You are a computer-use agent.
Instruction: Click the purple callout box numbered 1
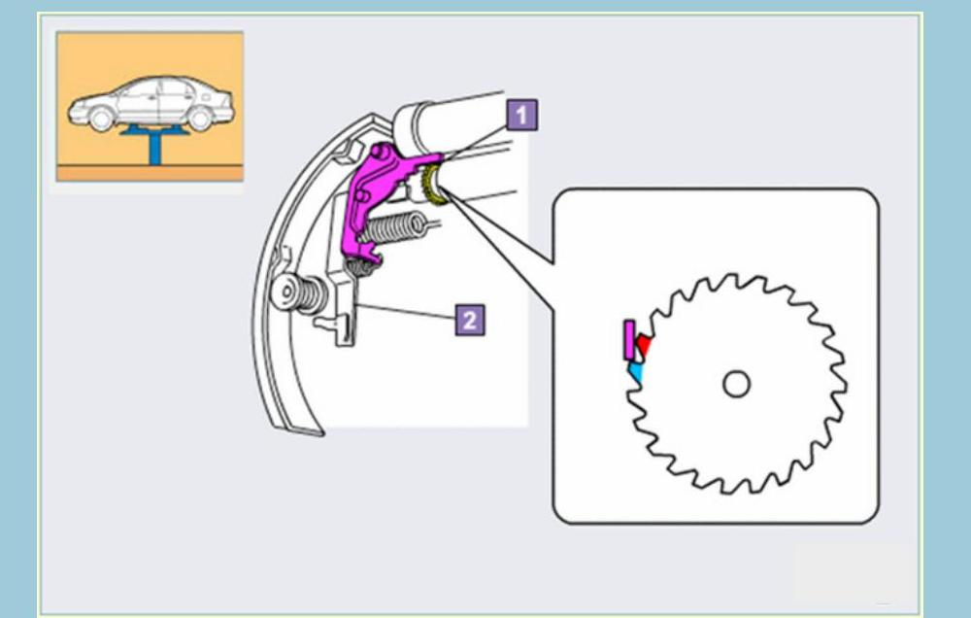(x=521, y=116)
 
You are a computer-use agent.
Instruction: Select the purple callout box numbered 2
(x=469, y=320)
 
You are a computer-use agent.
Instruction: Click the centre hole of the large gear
(x=737, y=385)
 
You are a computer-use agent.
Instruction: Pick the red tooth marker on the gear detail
(x=644, y=345)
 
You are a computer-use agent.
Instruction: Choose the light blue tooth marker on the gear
(x=636, y=369)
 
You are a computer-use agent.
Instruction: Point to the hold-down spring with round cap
(x=296, y=293)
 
